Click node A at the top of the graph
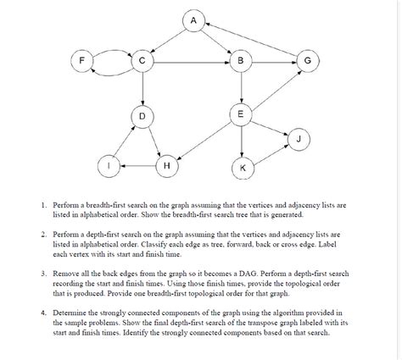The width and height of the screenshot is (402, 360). pos(195,20)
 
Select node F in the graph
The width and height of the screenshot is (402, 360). pos(82,62)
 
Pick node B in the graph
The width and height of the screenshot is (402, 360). pos(242,62)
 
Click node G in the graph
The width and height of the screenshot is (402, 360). pos(307,62)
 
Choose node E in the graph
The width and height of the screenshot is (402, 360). pos(242,114)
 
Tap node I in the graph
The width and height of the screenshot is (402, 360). pos(108,166)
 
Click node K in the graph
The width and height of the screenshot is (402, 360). pos(243,168)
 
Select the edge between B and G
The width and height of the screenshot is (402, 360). pos(274,62)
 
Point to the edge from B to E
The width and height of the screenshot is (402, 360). pos(242,88)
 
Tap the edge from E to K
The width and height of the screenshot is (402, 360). pos(242,141)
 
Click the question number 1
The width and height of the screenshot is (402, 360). pos(43,206)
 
